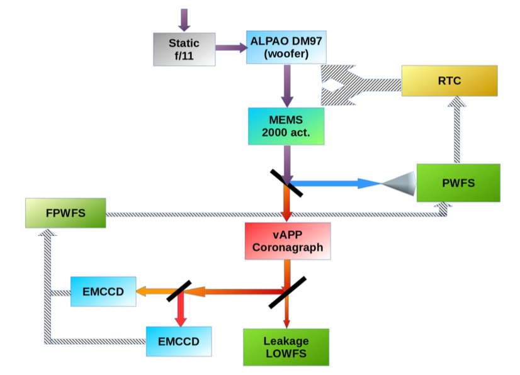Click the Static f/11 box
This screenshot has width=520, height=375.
click(x=184, y=49)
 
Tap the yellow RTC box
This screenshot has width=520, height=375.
click(x=449, y=81)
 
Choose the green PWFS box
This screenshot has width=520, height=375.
click(x=458, y=182)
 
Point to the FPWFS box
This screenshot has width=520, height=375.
click(x=65, y=213)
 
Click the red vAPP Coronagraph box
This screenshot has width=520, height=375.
click(x=288, y=240)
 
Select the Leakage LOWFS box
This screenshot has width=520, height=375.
click(x=286, y=346)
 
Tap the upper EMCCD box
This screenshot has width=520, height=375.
click(x=103, y=291)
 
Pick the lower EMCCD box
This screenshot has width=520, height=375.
click(x=178, y=342)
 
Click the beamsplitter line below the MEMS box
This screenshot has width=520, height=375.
click(x=287, y=183)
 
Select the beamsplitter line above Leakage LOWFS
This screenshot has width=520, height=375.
click(x=287, y=292)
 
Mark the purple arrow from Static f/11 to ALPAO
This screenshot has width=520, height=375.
click(x=230, y=47)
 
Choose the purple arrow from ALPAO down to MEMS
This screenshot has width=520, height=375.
click(x=287, y=85)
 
